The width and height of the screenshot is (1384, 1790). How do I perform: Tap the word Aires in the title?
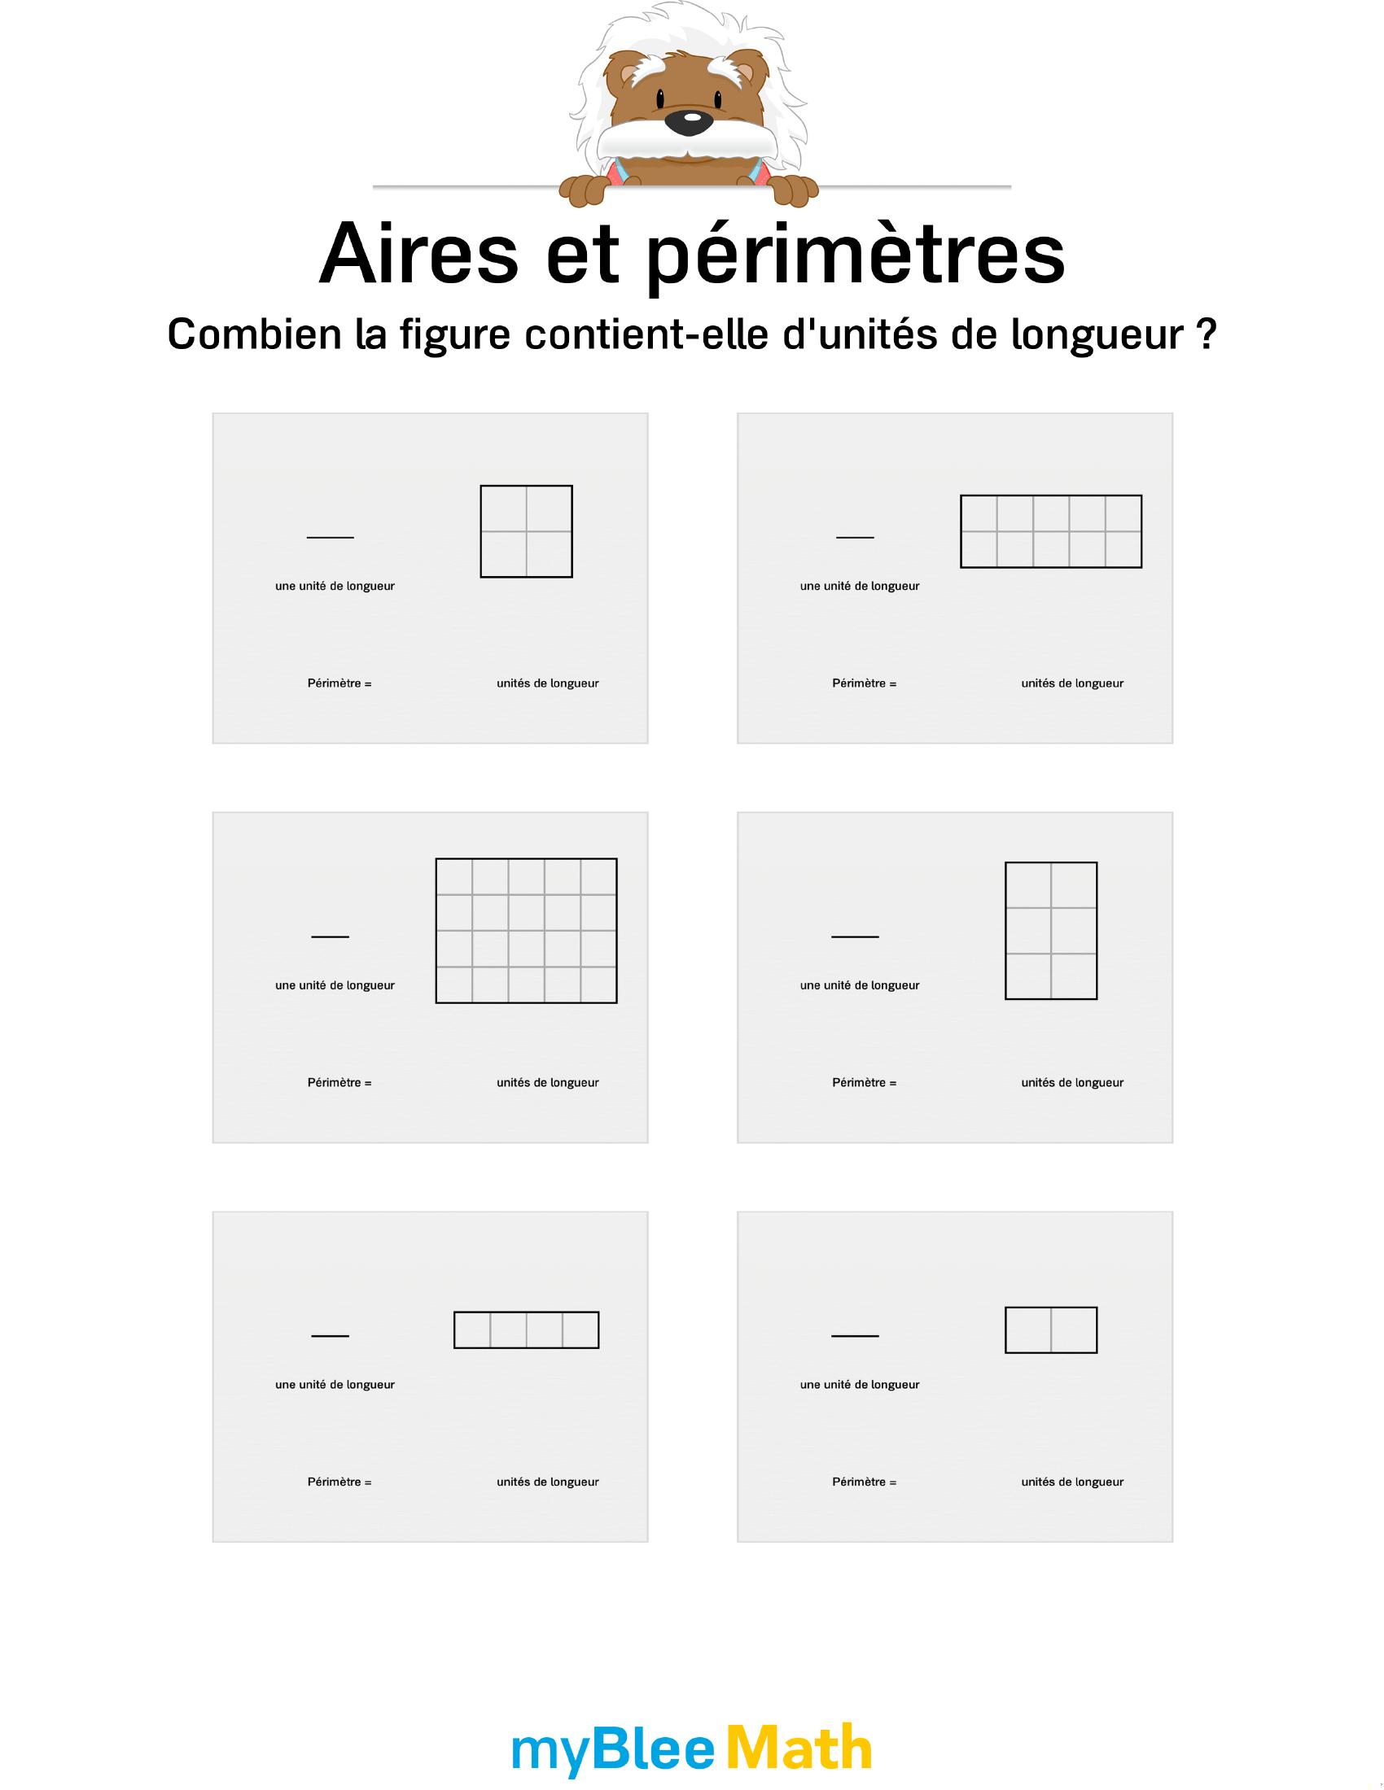[x=419, y=254]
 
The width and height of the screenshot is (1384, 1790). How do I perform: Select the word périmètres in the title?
[x=856, y=256]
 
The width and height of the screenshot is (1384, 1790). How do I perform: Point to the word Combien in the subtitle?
[x=254, y=334]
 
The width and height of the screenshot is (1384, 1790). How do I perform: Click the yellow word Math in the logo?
[x=799, y=1748]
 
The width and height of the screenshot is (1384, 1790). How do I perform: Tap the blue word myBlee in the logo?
[x=614, y=1752]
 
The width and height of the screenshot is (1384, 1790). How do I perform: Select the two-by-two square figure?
[x=527, y=531]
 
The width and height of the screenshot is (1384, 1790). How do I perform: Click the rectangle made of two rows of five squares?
[x=1051, y=531]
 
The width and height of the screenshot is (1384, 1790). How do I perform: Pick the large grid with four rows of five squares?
[x=527, y=930]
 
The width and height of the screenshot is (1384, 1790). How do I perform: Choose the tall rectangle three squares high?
[x=1051, y=930]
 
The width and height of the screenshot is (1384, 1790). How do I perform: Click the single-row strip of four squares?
[x=527, y=1330]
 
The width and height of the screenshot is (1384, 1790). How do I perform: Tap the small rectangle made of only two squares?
[x=1051, y=1330]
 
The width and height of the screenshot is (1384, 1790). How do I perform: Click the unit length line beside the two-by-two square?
[x=331, y=538]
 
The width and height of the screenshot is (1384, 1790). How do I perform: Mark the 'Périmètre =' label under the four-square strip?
[x=339, y=1482]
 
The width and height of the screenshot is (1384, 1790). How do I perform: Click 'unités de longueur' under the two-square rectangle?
[x=1072, y=1482]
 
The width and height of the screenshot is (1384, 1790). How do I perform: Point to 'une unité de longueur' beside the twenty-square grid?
[x=335, y=985]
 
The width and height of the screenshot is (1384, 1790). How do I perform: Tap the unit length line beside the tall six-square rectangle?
[x=855, y=936]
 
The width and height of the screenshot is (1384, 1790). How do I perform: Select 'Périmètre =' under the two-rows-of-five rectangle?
[x=864, y=683]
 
